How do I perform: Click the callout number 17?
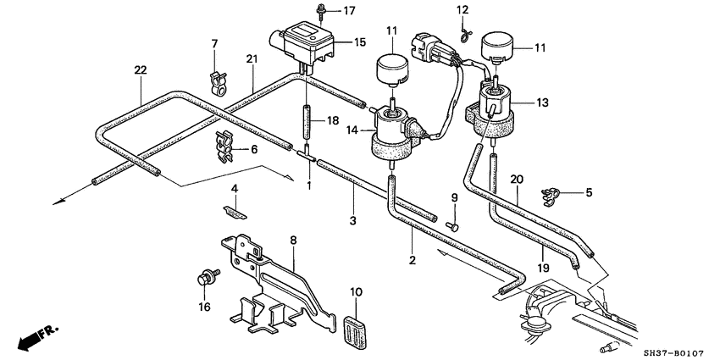tap(350, 11)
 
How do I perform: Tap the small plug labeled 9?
tap(453, 225)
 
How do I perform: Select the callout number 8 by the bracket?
tap(293, 241)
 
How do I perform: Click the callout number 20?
tap(517, 180)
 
